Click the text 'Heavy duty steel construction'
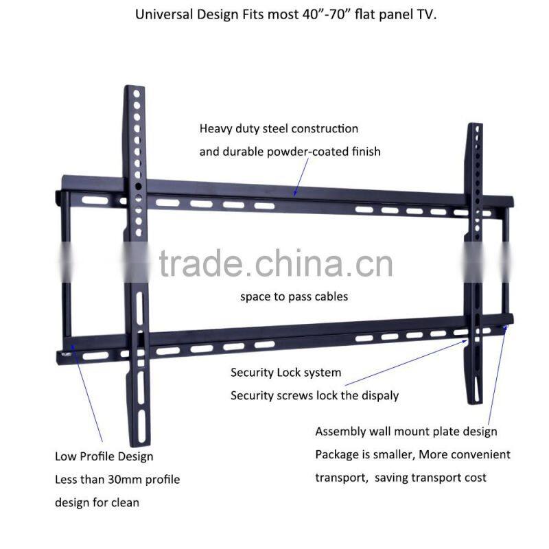[x=279, y=128]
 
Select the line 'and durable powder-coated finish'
[x=290, y=151]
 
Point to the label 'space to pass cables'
[x=294, y=296]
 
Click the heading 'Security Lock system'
[x=285, y=373]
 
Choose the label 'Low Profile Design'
[x=104, y=456]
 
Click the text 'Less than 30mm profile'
[x=117, y=479]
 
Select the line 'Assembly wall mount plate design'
[x=406, y=432]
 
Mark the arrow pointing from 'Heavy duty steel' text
[x=301, y=180]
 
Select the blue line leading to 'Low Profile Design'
[x=87, y=391]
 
